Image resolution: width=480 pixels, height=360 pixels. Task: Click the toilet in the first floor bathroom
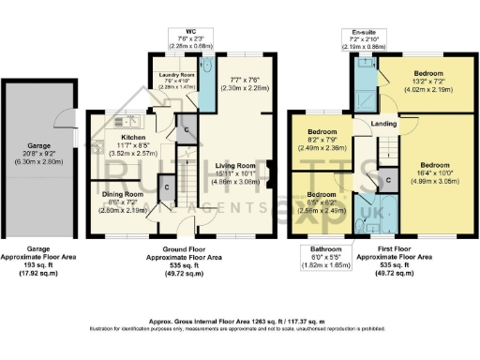point(361,226)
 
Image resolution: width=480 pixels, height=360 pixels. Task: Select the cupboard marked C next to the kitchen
point(187,129)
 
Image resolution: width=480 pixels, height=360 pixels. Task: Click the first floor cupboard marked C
point(388,179)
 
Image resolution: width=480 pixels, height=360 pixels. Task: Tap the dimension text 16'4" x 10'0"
point(441,172)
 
